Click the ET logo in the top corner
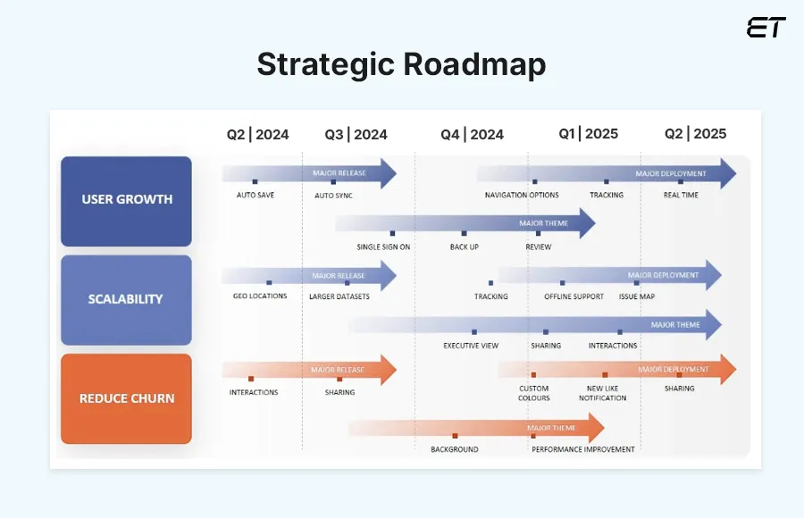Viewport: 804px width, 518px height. (766, 28)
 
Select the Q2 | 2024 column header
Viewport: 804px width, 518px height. (257, 134)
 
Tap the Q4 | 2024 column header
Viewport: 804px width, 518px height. (472, 134)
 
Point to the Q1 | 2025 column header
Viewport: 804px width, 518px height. (588, 134)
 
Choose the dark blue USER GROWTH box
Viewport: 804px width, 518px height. (126, 200)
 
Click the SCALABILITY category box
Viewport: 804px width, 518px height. (126, 299)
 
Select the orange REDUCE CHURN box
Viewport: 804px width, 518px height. (126, 398)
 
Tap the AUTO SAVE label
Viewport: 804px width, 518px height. (255, 195)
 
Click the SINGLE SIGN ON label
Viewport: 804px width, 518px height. (383, 246)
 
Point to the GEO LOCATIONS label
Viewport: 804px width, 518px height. (259, 296)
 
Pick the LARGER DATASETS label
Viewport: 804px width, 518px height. (339, 297)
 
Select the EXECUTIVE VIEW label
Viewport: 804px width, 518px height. (471, 346)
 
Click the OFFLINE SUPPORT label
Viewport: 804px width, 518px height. (574, 297)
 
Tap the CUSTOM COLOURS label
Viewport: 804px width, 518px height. (534, 393)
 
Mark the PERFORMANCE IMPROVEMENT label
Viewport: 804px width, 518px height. (583, 449)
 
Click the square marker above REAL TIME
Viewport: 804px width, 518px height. (681, 182)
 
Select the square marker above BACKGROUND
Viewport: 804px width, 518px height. (455, 436)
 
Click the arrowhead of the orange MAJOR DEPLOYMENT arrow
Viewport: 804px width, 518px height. (727, 369)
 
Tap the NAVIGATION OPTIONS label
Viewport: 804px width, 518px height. (522, 195)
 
